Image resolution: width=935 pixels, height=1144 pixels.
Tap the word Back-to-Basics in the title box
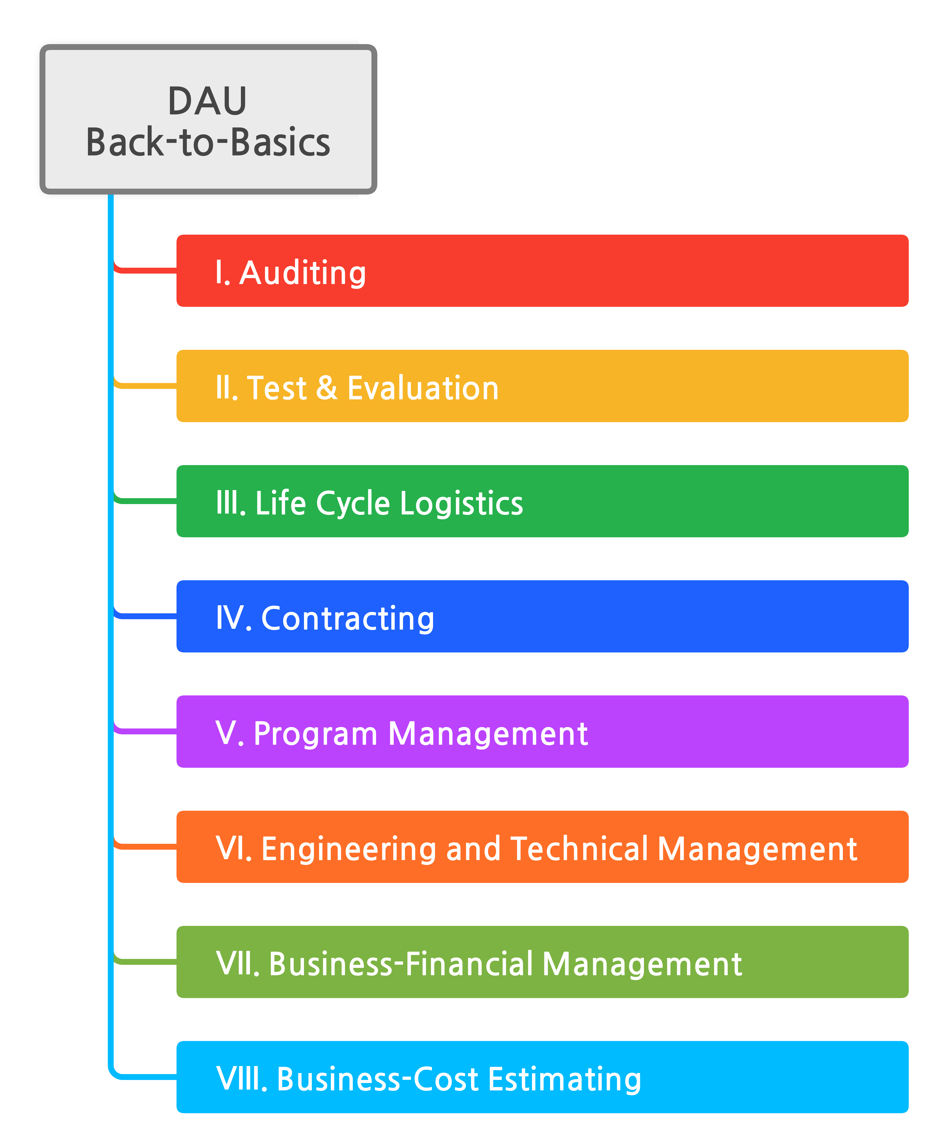[x=208, y=143]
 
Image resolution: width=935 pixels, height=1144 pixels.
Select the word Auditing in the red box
[x=303, y=273]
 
